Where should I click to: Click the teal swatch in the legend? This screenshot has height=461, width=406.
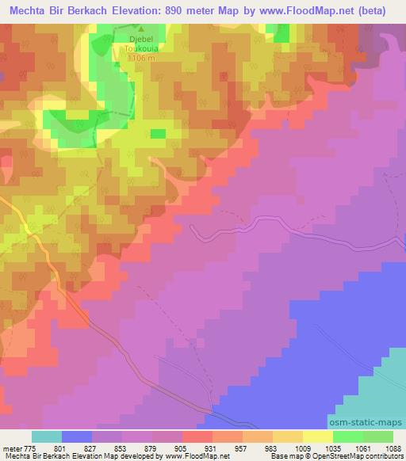[47, 436]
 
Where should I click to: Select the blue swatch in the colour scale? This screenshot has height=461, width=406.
[77, 436]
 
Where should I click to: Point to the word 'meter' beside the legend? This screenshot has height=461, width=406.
[11, 448]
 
